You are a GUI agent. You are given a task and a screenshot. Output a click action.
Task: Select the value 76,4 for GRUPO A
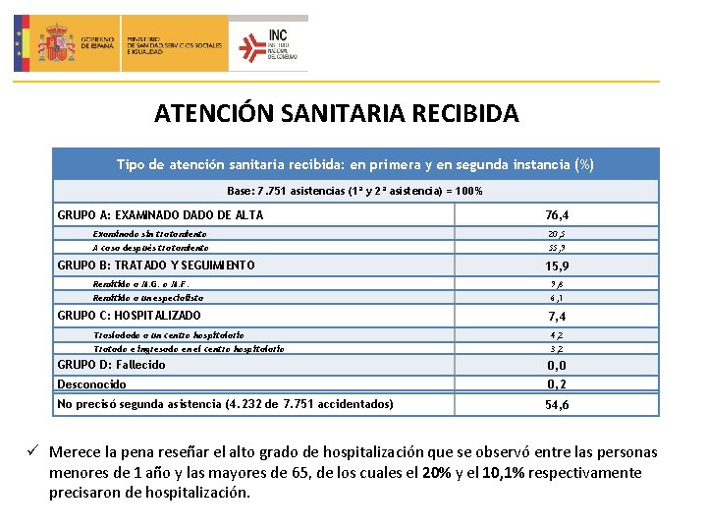pos(557,215)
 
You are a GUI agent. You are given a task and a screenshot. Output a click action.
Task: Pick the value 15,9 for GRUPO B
pos(557,266)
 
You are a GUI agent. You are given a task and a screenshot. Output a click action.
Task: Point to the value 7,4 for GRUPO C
pos(557,317)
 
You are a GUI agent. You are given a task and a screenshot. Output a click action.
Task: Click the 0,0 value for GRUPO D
pos(557,365)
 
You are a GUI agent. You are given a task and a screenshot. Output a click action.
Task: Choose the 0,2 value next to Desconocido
pos(557,383)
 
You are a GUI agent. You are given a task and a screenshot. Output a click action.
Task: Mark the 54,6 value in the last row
pos(557,404)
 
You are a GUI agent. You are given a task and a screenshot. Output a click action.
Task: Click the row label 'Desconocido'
pos(91,384)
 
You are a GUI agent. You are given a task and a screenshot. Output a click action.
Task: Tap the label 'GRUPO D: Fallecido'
pos(111,365)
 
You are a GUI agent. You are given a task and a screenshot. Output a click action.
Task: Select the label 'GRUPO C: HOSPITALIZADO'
pos(129,316)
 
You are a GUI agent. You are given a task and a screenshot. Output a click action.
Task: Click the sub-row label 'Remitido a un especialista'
pos(148,297)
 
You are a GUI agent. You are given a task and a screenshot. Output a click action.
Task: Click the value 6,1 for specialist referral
pos(557,297)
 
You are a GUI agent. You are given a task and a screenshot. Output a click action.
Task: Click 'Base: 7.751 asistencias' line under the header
pos(354,191)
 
